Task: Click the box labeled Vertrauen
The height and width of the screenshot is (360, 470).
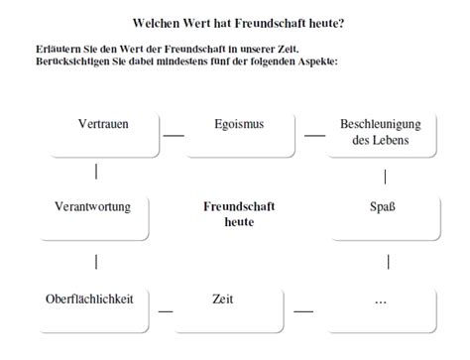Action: point(103,133)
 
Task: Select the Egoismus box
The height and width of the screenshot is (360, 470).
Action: point(239,133)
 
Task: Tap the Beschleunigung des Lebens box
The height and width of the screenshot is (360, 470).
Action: point(381,133)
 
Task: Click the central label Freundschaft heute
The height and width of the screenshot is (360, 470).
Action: point(239,214)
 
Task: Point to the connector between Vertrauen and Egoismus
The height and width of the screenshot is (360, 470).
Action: point(173,135)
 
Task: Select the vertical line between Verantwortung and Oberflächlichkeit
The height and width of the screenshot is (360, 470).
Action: point(95,262)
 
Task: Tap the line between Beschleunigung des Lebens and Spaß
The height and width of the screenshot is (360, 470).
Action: point(385,178)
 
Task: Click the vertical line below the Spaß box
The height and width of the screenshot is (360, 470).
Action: point(388,262)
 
